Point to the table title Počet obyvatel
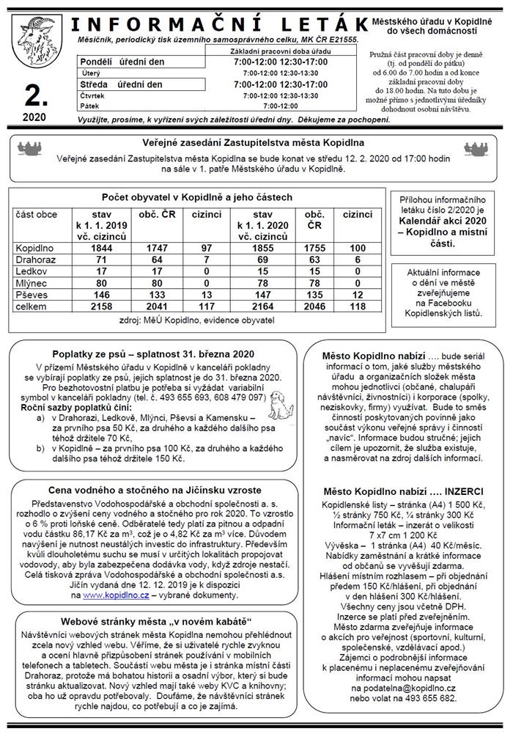(197, 197)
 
